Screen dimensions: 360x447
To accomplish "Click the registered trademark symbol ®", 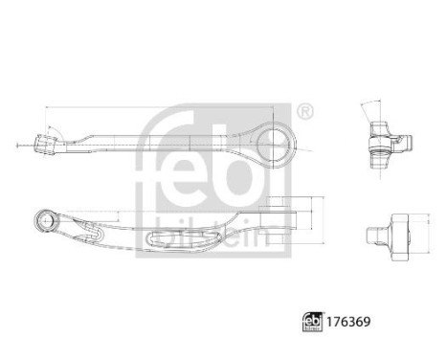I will point(305,113).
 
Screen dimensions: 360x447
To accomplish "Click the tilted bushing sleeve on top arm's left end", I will point(44,146).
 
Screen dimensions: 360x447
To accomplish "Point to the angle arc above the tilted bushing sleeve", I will point(54,127).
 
